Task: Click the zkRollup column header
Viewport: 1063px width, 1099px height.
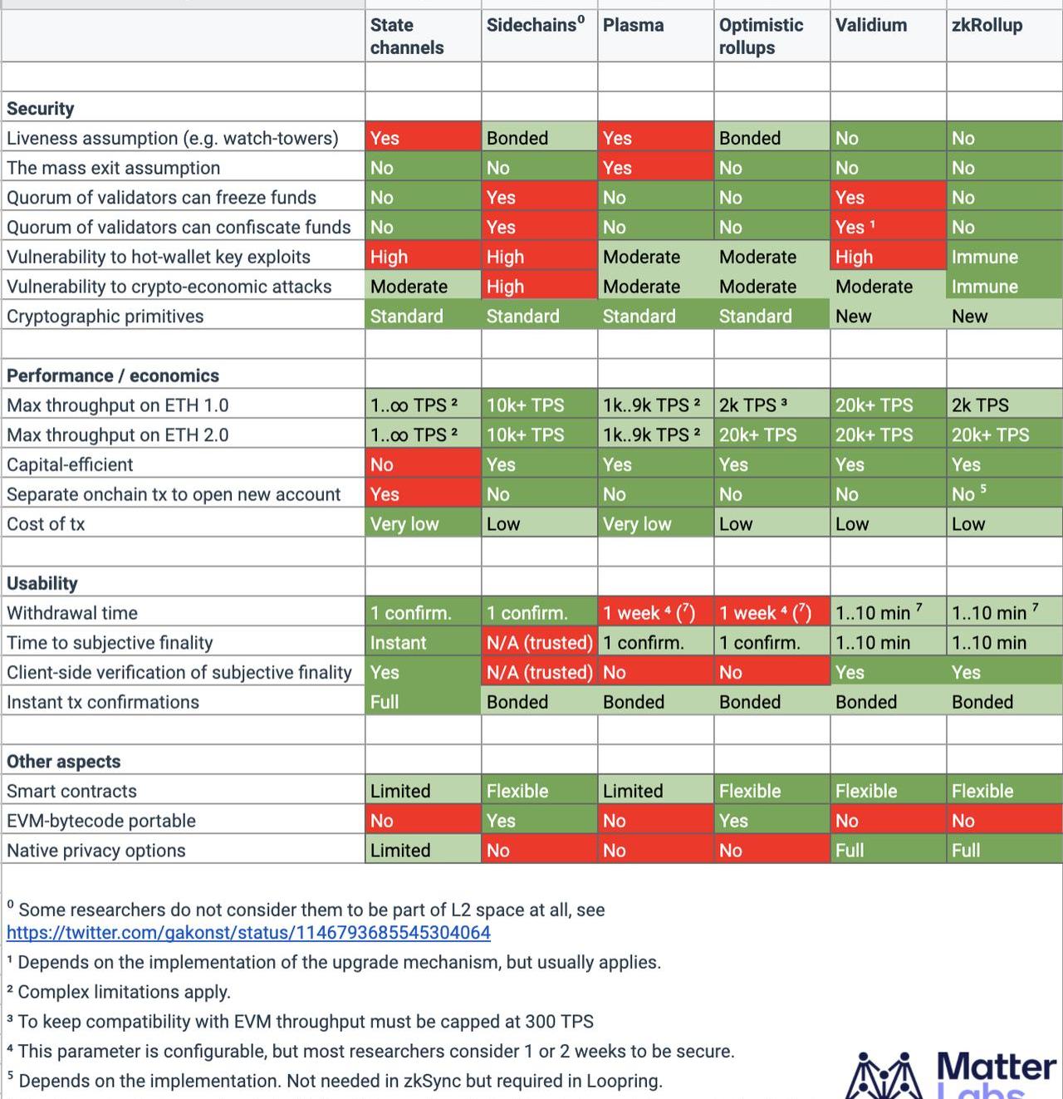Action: click(x=987, y=26)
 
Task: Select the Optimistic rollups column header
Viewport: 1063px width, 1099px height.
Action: click(x=761, y=37)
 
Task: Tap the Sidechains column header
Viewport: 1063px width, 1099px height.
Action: click(x=535, y=26)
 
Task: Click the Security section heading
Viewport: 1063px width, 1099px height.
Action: click(x=41, y=109)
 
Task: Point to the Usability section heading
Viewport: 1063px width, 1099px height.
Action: click(x=42, y=583)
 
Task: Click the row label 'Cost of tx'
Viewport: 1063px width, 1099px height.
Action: click(x=46, y=524)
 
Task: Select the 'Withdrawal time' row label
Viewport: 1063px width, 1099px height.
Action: click(x=72, y=613)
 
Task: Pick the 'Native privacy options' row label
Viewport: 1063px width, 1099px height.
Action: click(x=96, y=851)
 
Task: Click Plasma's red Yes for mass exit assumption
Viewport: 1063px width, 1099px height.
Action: click(x=617, y=168)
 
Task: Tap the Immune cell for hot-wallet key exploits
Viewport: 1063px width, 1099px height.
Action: click(x=985, y=257)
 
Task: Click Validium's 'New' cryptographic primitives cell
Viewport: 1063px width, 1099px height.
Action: click(x=854, y=316)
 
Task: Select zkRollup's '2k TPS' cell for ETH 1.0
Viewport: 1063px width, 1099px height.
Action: click(x=980, y=405)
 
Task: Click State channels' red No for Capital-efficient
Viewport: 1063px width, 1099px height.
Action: click(x=382, y=464)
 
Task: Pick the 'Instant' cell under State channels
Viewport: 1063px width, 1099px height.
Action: click(x=399, y=643)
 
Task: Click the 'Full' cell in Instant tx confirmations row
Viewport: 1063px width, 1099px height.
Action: click(x=385, y=702)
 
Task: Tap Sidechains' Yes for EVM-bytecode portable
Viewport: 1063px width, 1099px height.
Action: click(x=501, y=821)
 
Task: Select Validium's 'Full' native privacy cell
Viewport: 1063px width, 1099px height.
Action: click(x=850, y=851)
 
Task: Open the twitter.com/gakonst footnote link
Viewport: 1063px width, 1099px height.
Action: click(x=248, y=933)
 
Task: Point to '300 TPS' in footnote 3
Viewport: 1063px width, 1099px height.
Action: click(x=558, y=1022)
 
